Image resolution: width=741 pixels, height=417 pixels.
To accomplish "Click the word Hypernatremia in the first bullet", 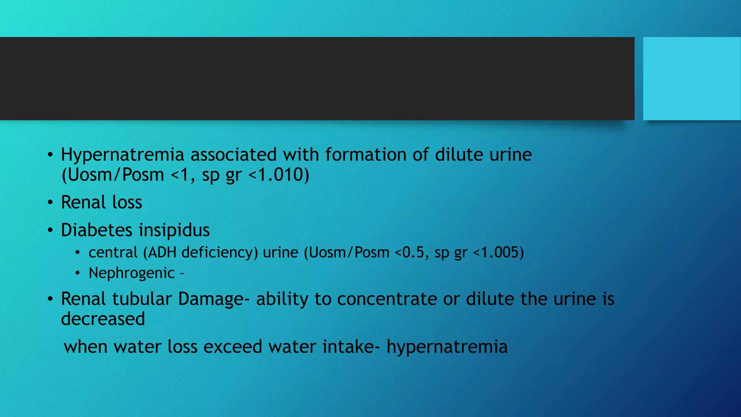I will (123, 155).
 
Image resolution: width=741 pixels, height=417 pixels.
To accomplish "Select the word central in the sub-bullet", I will (113, 252).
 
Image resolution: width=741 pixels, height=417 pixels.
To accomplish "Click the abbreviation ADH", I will (162, 252).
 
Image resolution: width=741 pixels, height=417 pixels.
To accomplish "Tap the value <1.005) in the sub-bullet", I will (498, 252).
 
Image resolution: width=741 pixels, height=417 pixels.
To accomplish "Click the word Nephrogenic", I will (132, 273).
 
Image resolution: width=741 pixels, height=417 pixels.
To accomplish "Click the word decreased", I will (103, 319).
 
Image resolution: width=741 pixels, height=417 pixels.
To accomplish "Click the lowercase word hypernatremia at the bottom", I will (447, 347).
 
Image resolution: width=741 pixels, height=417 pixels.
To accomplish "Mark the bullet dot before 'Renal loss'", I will (50, 202).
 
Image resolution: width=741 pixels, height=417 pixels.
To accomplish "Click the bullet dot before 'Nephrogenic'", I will (77, 273).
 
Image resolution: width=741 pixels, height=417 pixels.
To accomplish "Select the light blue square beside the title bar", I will (691, 79).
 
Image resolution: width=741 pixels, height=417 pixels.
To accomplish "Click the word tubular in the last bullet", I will (142, 299).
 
